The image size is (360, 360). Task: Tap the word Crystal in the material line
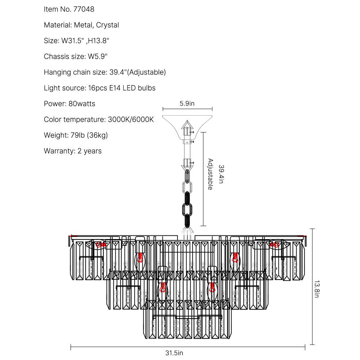coord(107,25)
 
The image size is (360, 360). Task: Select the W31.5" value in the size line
coord(74,41)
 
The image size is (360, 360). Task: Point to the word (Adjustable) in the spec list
coord(147,72)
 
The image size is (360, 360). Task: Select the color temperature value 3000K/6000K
coord(131,120)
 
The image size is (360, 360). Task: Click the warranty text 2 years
coord(90,151)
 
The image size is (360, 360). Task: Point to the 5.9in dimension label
coord(187,104)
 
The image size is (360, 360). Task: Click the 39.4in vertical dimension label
coord(221,175)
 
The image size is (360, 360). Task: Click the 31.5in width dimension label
coord(174,353)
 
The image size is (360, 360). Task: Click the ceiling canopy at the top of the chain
coord(187,121)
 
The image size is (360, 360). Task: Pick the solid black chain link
coord(187,209)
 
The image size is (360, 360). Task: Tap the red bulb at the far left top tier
coord(100,245)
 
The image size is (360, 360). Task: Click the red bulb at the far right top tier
coord(274,245)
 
